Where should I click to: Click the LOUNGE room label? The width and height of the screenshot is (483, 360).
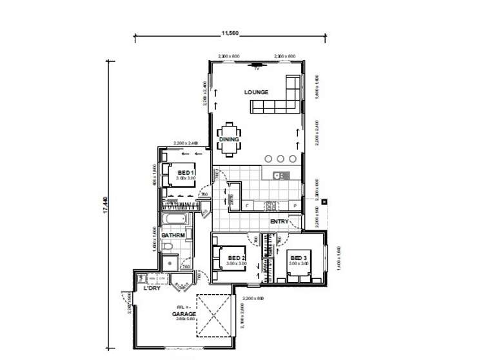click(x=255, y=92)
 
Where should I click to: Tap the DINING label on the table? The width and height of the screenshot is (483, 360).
click(x=229, y=139)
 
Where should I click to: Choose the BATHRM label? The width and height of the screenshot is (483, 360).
click(x=172, y=235)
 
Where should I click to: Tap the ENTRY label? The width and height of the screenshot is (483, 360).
click(x=279, y=222)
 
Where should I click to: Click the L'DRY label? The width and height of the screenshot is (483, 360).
click(x=152, y=288)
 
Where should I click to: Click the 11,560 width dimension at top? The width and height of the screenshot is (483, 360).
click(x=230, y=32)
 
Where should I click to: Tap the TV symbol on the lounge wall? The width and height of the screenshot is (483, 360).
click(x=257, y=64)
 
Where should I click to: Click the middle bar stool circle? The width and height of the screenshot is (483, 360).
click(x=280, y=159)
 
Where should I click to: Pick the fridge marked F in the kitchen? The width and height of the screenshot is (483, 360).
click(x=247, y=206)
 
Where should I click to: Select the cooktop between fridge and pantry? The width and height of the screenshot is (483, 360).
click(x=271, y=206)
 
